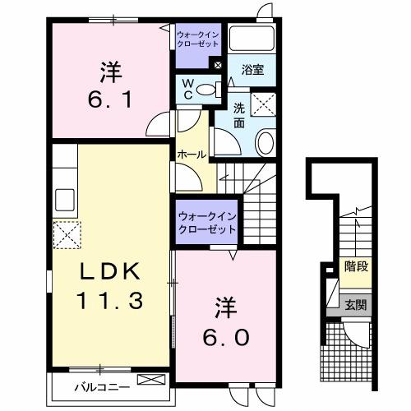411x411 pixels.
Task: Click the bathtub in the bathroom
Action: pyautogui.click(x=251, y=39)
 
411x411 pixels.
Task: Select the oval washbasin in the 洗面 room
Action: pyautogui.click(x=266, y=143)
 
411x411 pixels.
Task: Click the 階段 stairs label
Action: pyautogui.click(x=356, y=267)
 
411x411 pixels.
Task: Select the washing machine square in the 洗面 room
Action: pyautogui.click(x=261, y=104)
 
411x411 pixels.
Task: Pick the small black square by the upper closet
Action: pyautogui.click(x=217, y=65)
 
